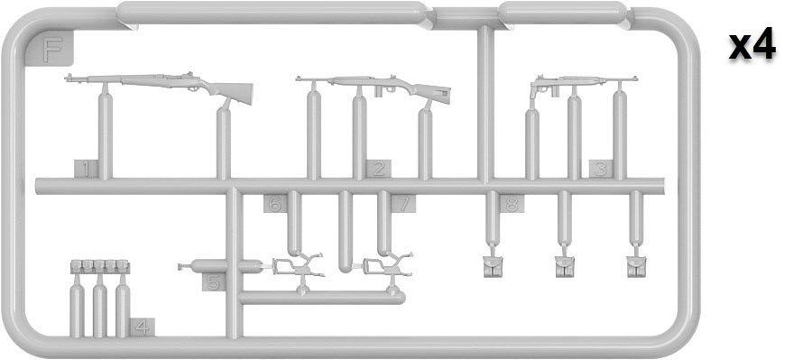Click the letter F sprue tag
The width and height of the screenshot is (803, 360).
coord(51,49)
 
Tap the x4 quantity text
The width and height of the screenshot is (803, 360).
coord(752,45)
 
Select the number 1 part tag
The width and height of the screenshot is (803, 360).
coord(86,169)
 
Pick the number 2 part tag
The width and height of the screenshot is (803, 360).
coord(378,169)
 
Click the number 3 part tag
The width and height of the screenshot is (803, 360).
coord(601,169)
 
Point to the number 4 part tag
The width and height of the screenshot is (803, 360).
coord(143,327)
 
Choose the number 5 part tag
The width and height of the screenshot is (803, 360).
coord(214,282)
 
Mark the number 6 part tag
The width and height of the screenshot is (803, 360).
coord(275,204)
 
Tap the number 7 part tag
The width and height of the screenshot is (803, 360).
coord(403,204)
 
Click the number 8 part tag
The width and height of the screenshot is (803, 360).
coord(512,204)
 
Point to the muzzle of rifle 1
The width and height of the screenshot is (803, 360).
coord(68,78)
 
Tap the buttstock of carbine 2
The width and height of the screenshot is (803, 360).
coord(433,92)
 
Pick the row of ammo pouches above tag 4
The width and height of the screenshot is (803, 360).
coord(100,266)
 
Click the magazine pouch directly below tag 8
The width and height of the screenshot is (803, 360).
coord(493,267)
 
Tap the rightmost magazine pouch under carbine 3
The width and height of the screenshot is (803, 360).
coord(636,267)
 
